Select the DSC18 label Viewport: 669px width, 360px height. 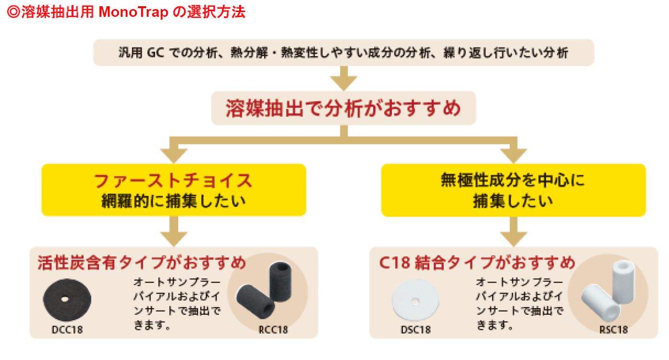point(415,329)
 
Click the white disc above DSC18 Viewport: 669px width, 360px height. point(415,300)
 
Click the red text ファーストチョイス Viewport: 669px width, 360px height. point(173,181)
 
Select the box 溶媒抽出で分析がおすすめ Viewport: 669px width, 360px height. point(343,108)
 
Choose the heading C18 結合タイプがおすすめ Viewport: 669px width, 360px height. point(476,263)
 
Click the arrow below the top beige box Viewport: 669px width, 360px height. point(343,78)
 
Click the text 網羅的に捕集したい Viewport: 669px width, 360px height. point(173,201)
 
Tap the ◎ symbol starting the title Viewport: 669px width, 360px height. point(13,12)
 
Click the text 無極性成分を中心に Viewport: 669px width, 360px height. point(513,180)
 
